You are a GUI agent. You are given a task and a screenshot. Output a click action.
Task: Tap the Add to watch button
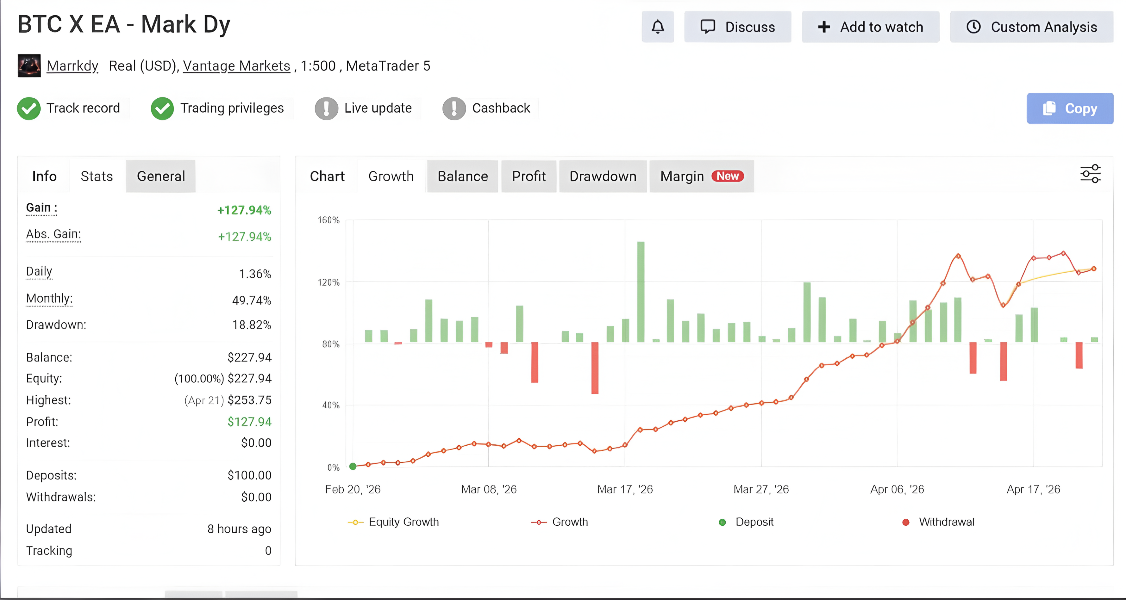tap(870, 27)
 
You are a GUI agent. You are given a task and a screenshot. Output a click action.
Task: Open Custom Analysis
tap(1032, 27)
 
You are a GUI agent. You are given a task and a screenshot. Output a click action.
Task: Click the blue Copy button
tap(1070, 108)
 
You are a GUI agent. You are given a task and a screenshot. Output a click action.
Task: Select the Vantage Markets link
tap(236, 66)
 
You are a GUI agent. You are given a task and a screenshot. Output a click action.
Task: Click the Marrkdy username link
tap(72, 66)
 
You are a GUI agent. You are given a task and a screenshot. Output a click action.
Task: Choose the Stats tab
tap(97, 176)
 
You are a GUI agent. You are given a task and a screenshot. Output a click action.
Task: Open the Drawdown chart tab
tap(603, 176)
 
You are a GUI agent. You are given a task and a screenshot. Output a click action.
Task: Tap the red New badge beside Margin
tap(727, 176)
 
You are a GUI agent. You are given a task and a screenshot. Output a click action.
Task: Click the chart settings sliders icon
tap(1090, 174)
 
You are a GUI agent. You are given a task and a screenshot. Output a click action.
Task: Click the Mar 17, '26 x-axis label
tap(625, 489)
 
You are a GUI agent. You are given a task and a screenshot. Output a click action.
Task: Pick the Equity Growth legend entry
tap(393, 522)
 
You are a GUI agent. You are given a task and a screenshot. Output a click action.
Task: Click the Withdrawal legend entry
tap(938, 522)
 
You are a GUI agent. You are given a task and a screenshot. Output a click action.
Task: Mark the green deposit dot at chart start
tap(353, 466)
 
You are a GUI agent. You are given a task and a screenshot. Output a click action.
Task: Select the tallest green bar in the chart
tap(641, 292)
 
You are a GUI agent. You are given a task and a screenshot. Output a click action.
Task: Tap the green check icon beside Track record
tap(29, 108)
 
